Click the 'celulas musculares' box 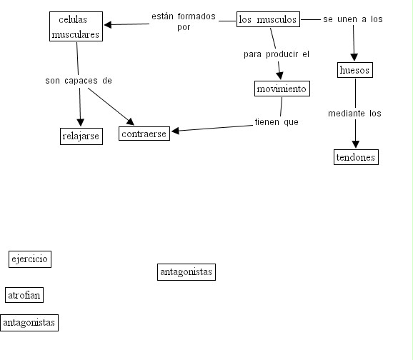(x=76, y=26)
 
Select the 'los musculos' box (x=268, y=19)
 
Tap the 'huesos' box (x=355, y=70)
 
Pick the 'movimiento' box (x=282, y=89)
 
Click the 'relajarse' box (x=81, y=136)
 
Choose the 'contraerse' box (x=144, y=134)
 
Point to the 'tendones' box (x=356, y=157)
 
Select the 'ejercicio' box (x=30, y=259)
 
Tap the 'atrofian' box (x=24, y=295)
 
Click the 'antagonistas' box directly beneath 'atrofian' (x=29, y=323)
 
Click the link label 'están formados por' (x=184, y=21)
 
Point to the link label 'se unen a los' (x=353, y=19)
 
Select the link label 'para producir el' (x=277, y=54)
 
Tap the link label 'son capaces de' (x=79, y=81)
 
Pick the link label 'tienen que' (x=277, y=122)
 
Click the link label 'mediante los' (x=354, y=114)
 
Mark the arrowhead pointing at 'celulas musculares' (x=108, y=25)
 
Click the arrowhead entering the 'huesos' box (x=354, y=57)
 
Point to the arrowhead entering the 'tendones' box (x=356, y=144)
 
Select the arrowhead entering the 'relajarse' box (x=80, y=122)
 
